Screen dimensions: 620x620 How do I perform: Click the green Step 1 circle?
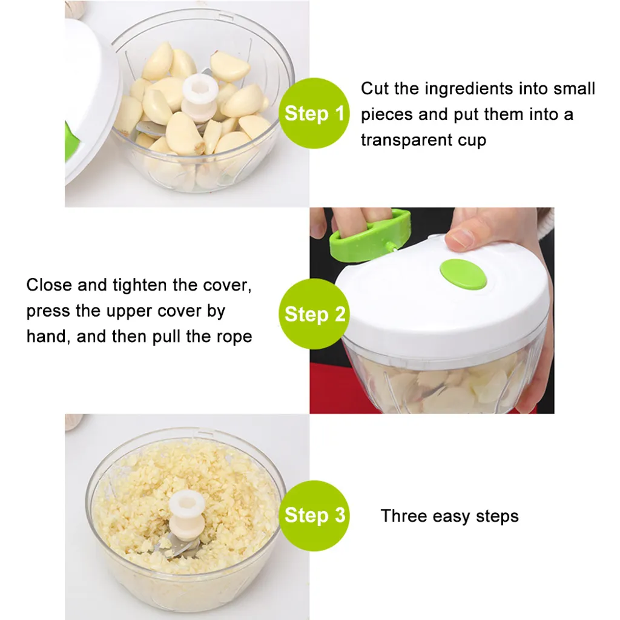(x=314, y=113)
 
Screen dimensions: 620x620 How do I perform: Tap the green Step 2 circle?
(x=314, y=314)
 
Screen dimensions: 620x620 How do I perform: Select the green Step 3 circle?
(x=314, y=516)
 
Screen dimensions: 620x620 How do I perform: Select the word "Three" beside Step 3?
(x=404, y=516)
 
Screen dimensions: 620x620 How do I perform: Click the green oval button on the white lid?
(x=463, y=274)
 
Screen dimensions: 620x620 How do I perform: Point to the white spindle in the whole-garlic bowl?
(x=200, y=97)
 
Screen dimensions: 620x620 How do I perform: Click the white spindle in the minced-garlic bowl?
(x=186, y=515)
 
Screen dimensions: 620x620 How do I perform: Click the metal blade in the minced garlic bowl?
(x=178, y=547)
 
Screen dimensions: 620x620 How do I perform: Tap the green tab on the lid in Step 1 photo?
(x=71, y=142)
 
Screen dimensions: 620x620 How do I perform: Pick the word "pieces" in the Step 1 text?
(x=387, y=115)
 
